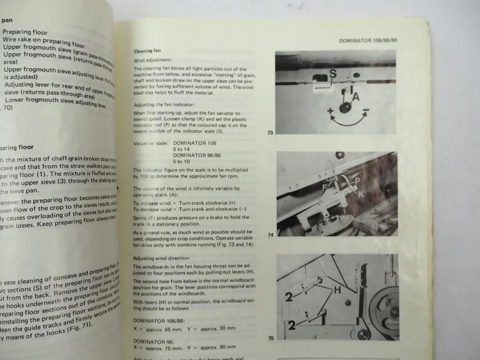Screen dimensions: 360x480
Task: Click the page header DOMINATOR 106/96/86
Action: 368,41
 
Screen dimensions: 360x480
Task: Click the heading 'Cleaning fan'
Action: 147,51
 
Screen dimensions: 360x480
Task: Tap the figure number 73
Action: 270,132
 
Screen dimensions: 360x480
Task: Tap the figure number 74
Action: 270,235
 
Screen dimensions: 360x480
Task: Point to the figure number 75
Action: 271,338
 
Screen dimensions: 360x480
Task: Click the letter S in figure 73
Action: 333,74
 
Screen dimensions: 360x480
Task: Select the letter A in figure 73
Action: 356,96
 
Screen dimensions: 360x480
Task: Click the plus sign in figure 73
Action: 330,111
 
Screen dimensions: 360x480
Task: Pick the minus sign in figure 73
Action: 366,111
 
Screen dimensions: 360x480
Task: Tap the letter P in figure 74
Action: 357,181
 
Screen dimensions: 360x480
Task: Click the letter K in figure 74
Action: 361,194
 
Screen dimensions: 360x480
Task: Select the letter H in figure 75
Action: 337,290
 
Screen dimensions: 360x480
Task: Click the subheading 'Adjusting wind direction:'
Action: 161,258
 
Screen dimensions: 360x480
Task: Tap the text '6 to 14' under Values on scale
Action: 181,149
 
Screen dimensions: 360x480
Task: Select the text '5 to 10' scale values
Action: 181,162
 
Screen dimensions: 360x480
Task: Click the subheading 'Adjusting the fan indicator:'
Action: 164,105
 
